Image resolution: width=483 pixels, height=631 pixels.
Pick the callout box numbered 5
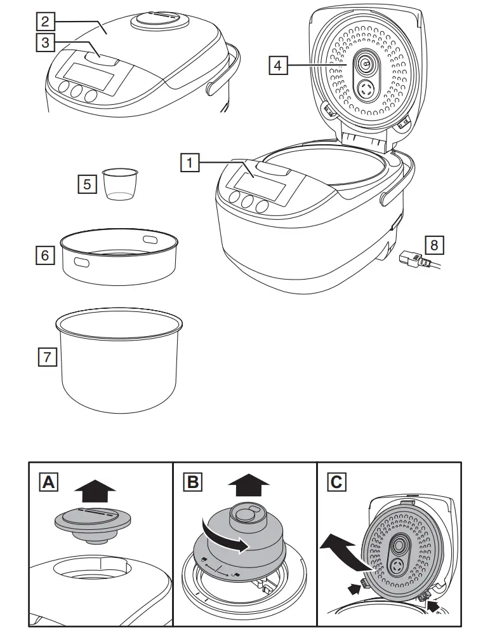pos(87,184)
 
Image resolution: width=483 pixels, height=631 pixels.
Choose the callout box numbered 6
pos(44,255)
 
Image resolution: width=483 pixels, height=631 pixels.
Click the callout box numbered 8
pos(434,244)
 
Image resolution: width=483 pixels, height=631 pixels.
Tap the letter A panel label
pos(48,482)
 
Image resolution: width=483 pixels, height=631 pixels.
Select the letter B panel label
pos(192,482)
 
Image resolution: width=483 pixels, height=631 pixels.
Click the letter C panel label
pos(336,482)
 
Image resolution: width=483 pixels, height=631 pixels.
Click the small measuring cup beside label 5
pos(120,184)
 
